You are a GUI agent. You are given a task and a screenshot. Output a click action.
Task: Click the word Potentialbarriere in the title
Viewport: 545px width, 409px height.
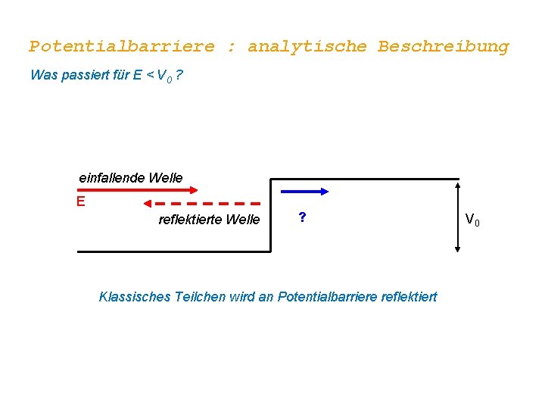122,47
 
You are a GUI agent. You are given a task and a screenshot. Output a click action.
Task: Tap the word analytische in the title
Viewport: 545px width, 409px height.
307,47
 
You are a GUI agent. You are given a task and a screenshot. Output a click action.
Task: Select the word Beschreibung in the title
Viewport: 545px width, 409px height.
444,47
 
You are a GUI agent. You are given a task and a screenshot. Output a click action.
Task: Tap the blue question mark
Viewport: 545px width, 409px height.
302,217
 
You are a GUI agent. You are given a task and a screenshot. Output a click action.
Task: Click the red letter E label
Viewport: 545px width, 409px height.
80,201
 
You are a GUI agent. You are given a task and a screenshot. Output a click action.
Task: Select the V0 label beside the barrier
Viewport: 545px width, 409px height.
472,220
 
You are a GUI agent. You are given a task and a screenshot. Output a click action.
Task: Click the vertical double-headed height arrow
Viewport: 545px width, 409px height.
457,215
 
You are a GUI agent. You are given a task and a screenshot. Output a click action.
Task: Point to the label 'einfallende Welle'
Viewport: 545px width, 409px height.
131,177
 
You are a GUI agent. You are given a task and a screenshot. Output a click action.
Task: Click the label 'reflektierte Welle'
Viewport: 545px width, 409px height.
209,220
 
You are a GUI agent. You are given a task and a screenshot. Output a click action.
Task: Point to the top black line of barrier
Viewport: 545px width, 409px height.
363,180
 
